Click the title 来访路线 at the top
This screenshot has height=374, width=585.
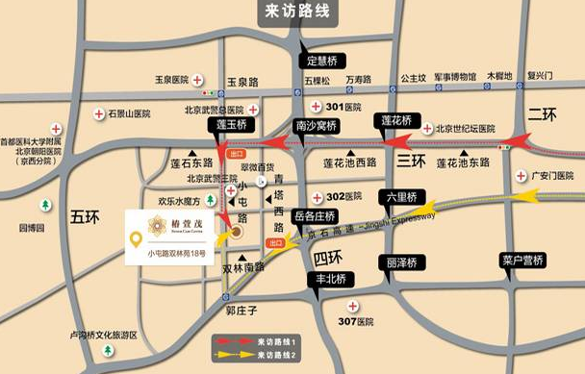pos(295,12)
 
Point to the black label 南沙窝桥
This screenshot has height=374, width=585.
pos(317,125)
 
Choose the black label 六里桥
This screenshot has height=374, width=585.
pos(401,196)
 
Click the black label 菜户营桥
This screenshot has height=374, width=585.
pos(523,260)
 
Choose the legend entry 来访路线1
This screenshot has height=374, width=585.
pos(273,341)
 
